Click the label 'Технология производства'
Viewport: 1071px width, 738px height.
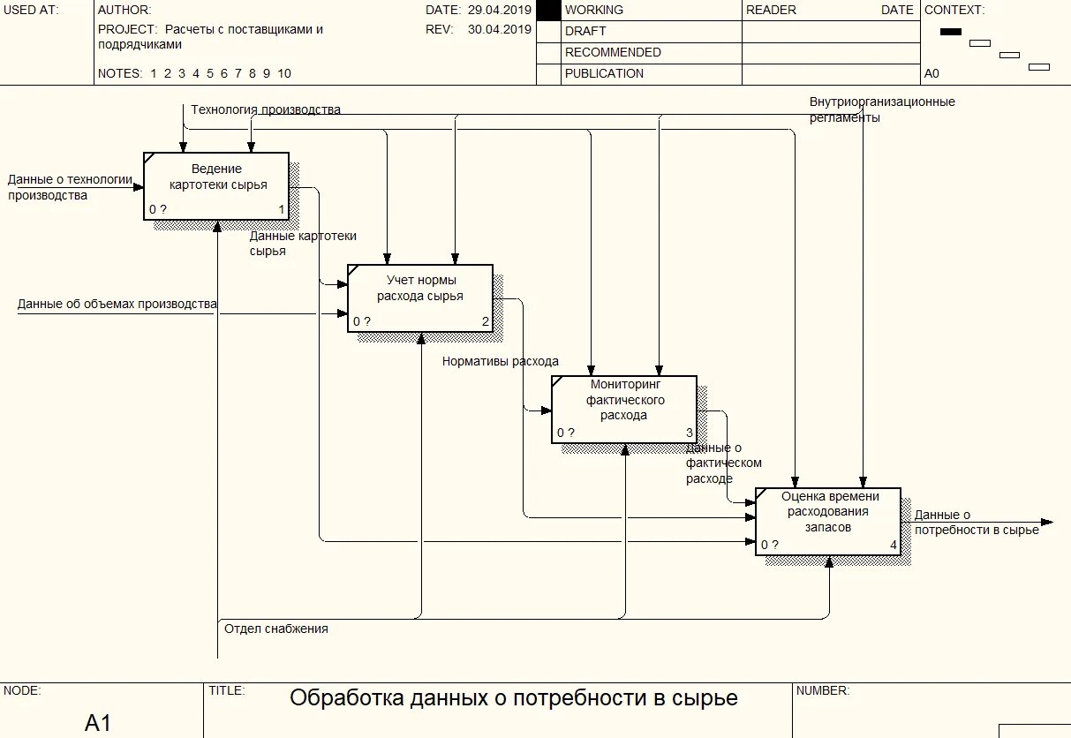(266, 110)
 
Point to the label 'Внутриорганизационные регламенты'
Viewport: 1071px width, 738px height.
(881, 109)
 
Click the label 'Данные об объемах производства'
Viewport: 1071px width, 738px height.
(117, 305)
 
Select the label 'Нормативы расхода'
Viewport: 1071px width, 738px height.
(501, 361)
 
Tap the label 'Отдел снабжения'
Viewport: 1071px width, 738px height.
(276, 629)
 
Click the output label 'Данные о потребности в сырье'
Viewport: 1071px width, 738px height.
(976, 523)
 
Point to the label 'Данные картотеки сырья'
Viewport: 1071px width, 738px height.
(303, 243)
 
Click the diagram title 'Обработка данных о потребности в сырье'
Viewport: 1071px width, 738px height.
(513, 699)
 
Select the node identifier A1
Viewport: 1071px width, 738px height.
(98, 723)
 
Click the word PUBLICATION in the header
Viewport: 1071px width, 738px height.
(604, 74)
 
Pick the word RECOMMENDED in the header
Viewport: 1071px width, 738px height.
(613, 53)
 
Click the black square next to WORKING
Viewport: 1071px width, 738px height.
(548, 11)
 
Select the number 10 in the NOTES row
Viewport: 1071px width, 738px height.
(283, 74)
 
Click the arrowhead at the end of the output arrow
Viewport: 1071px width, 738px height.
(1047, 522)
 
